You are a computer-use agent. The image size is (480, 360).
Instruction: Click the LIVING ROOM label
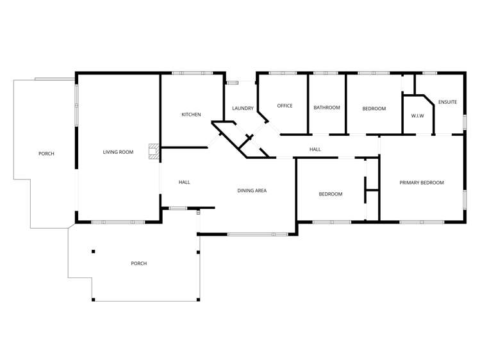coord(118,152)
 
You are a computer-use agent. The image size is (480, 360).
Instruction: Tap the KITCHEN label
coord(191,115)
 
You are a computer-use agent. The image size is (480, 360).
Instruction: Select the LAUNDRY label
coord(243,108)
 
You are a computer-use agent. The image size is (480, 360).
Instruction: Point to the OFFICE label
coord(285,106)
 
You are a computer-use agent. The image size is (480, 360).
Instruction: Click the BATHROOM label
coord(326,108)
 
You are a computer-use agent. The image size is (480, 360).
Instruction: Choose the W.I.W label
coord(418,115)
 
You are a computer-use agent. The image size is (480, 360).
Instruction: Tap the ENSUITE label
coord(447,102)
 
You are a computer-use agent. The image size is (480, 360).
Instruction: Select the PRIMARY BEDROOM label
coord(422,183)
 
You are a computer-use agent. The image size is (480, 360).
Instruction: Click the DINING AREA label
coord(252,190)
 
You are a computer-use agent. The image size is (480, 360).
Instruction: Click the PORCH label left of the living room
coord(46,154)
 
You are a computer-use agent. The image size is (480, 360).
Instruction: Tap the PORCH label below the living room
coord(138,263)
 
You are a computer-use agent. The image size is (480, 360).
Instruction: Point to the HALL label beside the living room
coord(184,183)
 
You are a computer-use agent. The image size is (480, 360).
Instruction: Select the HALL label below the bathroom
coord(315,149)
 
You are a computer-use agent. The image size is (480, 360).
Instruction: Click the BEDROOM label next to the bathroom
coord(374,108)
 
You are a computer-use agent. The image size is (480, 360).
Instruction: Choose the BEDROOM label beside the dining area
coord(331,194)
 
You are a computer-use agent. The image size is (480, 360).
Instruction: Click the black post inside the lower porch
coord(94,251)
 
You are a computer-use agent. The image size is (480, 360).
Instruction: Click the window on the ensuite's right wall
coord(465,122)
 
